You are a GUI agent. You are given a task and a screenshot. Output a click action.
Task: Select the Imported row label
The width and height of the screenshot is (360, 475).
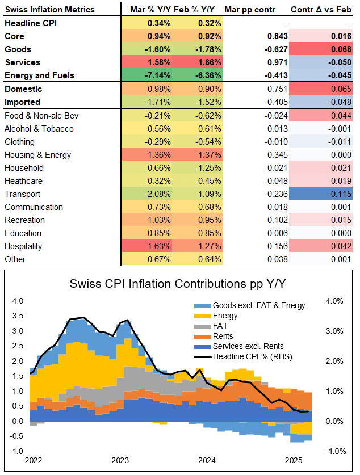coord(23,102)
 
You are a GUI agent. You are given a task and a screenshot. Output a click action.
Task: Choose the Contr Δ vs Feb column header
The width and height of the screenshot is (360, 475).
coord(321,10)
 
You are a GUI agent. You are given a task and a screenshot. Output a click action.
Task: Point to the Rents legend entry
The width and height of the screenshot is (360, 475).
coord(225,336)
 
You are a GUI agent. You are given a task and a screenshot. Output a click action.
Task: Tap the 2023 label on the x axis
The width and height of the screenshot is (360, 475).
coord(120,460)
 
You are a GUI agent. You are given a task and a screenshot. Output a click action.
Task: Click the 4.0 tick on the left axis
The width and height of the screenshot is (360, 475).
coord(18,301)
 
